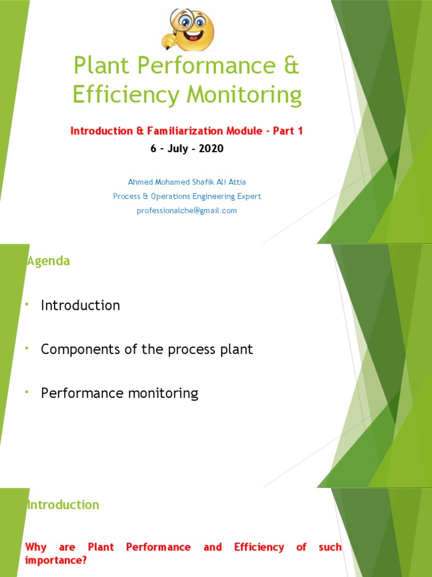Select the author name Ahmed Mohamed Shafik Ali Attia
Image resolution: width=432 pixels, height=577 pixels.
coord(187,182)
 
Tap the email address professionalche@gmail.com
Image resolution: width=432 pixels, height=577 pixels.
coord(187,211)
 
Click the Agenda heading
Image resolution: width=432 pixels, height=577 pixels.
coord(48,261)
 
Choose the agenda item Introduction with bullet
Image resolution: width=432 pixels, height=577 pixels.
coord(80,305)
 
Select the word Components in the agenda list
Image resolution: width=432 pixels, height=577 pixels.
coord(78,349)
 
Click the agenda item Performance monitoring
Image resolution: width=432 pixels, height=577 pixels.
coord(120,393)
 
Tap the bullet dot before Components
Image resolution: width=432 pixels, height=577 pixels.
coord(26,349)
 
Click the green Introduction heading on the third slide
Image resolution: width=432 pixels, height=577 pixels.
coord(63,505)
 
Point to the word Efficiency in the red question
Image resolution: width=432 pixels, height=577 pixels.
coord(259,547)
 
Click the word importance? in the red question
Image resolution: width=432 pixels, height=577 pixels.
coord(56,561)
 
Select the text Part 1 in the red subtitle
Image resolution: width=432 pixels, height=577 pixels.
coord(288,131)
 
